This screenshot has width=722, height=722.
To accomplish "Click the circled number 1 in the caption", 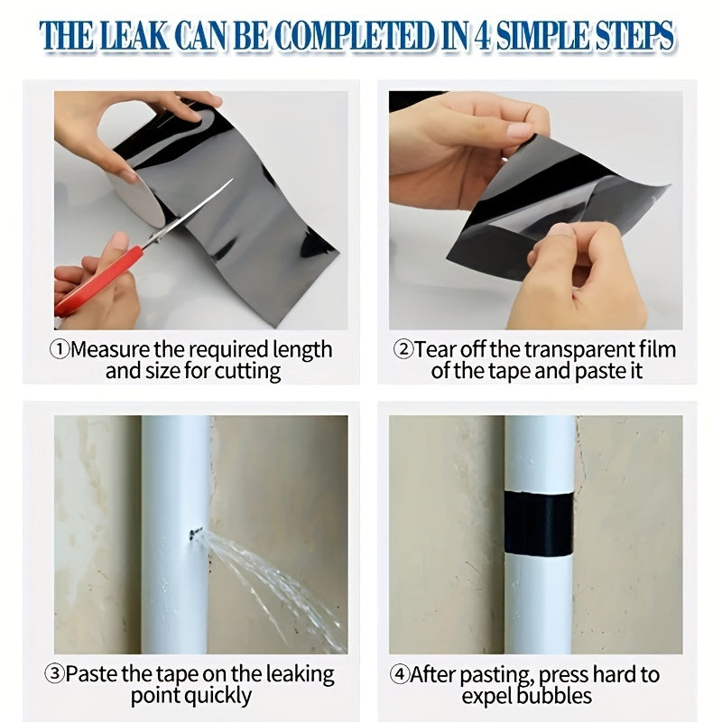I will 60,350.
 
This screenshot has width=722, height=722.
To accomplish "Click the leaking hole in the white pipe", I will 193,535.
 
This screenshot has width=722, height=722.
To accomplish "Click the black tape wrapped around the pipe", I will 538,525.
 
